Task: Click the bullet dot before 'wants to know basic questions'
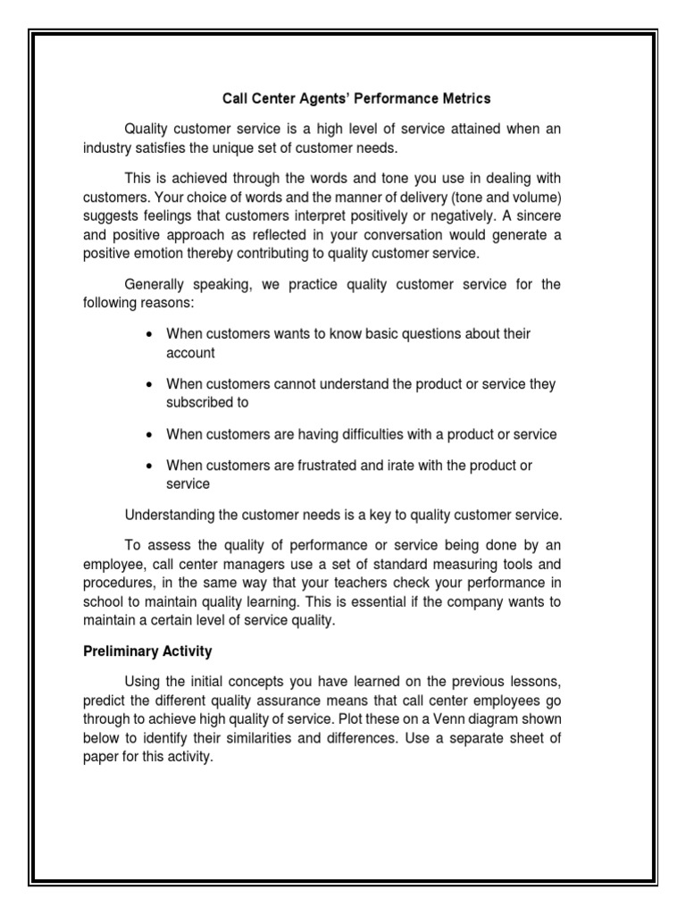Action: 148,334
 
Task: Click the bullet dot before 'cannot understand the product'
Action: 148,384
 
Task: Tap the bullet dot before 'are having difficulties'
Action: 148,435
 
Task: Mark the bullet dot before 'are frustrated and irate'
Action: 148,466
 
